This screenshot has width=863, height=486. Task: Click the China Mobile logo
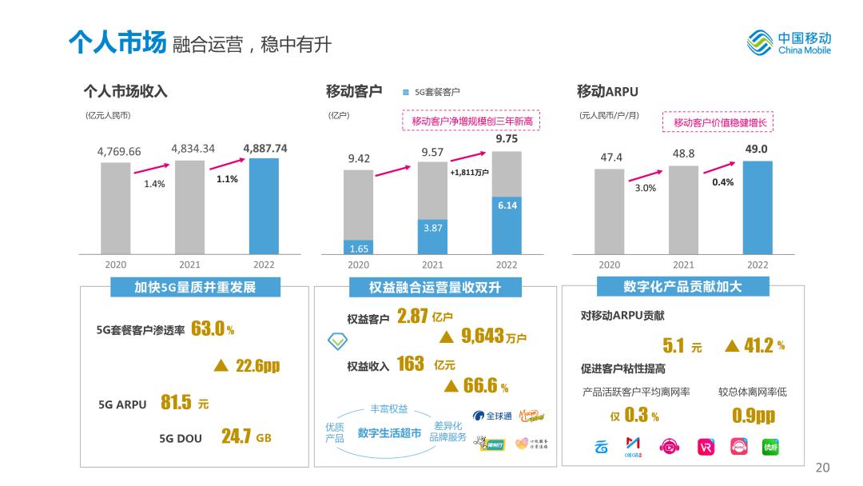coord(788,42)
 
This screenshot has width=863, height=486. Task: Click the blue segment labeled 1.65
coord(359,247)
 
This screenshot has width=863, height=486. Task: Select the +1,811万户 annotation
coord(469,172)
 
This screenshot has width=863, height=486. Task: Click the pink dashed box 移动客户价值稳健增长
coord(719,122)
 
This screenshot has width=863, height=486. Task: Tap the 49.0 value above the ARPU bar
coord(756,149)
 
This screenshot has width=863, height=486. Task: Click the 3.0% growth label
coord(645,188)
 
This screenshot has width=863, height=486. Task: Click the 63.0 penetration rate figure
coord(209,329)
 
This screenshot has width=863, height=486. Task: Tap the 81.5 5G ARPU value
coord(176,402)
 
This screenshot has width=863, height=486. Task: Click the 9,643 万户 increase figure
coord(493,337)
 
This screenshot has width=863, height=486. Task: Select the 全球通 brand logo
coord(492,416)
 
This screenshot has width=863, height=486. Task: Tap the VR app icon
coord(706,446)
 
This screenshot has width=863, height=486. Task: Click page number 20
coord(822,468)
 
